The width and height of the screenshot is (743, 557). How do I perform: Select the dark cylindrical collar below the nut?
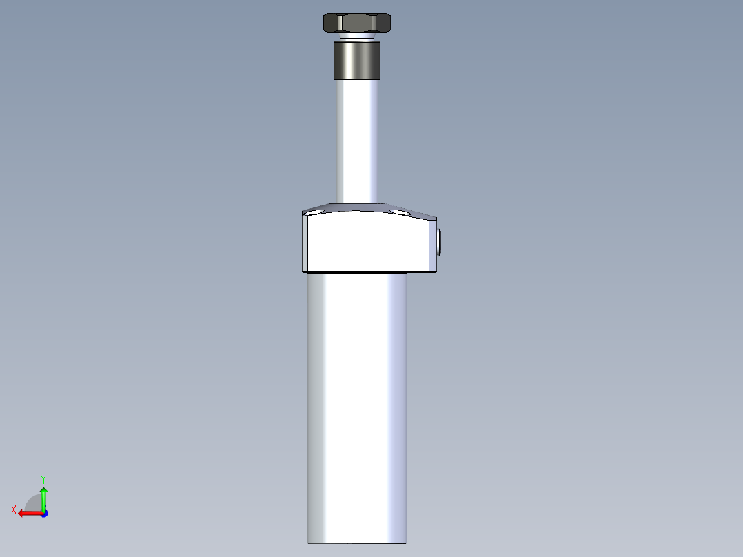pos(357,61)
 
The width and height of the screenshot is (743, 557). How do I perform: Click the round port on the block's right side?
pos(438,243)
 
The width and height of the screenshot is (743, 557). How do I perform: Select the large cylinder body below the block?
pos(357,407)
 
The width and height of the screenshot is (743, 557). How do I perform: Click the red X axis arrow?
pos(28,513)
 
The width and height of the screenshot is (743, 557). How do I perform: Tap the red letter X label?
pos(14,509)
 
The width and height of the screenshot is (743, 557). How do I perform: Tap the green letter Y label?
pos(43,478)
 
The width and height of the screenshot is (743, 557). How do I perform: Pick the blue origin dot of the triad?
pos(43,514)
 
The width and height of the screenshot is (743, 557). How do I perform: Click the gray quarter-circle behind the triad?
pos(33,503)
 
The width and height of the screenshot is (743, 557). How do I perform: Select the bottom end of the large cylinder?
pos(357,541)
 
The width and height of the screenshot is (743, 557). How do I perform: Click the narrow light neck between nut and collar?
pos(357,36)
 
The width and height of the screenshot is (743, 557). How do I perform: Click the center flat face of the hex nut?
pos(357,23)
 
